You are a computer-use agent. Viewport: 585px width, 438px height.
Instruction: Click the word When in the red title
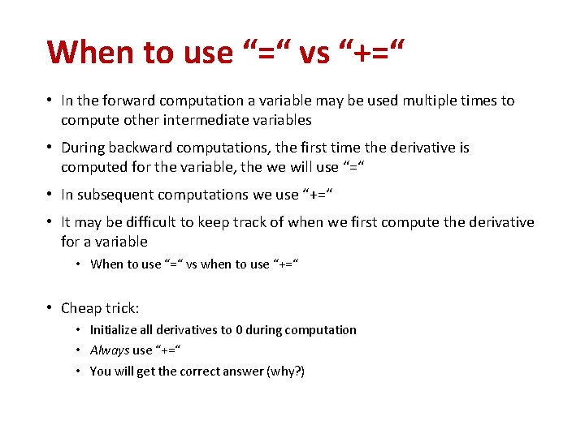click(x=90, y=52)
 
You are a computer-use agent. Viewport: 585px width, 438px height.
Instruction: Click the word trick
click(x=122, y=308)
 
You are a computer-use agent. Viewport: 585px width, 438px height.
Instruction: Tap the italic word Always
click(x=110, y=350)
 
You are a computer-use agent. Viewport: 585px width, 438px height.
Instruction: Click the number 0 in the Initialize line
click(x=239, y=329)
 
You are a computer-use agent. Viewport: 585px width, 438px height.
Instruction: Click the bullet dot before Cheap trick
click(x=50, y=308)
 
